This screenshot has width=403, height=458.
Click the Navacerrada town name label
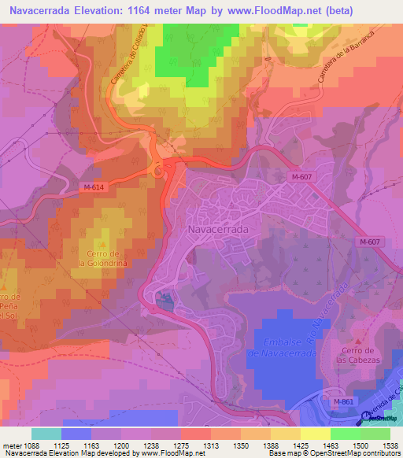click(x=219, y=229)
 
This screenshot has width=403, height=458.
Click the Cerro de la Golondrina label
click(x=104, y=257)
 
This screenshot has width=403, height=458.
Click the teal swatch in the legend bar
click(x=46, y=434)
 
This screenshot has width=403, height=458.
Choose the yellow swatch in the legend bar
click(x=316, y=434)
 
